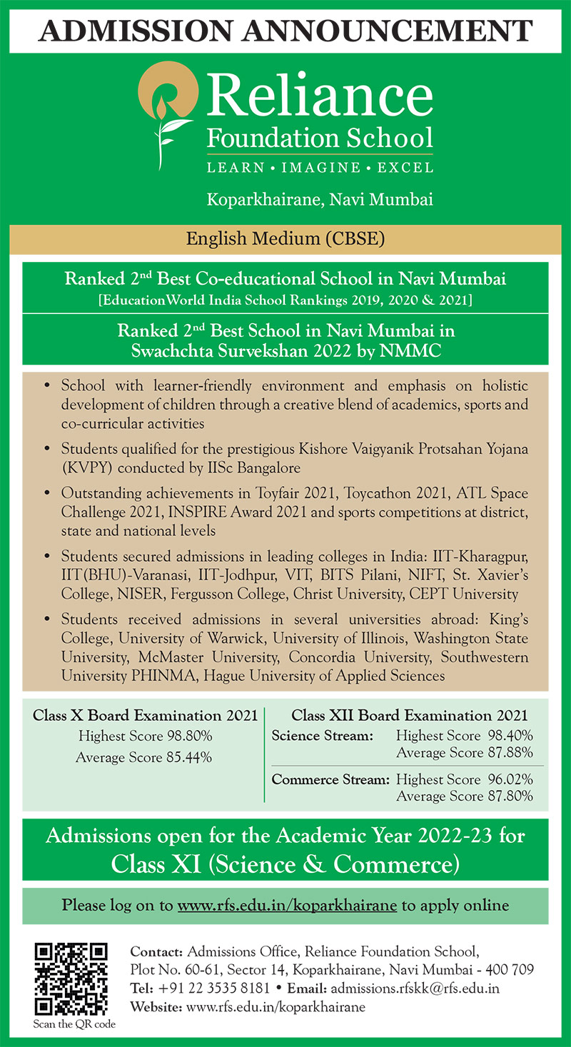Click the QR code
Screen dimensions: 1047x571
point(71,978)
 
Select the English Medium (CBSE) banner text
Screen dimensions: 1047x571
point(285,239)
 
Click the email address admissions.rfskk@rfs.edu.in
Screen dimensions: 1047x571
point(415,988)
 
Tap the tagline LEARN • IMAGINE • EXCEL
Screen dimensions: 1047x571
point(320,168)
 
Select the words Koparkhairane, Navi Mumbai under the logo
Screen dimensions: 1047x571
point(320,200)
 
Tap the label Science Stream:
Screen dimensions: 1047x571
point(323,735)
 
